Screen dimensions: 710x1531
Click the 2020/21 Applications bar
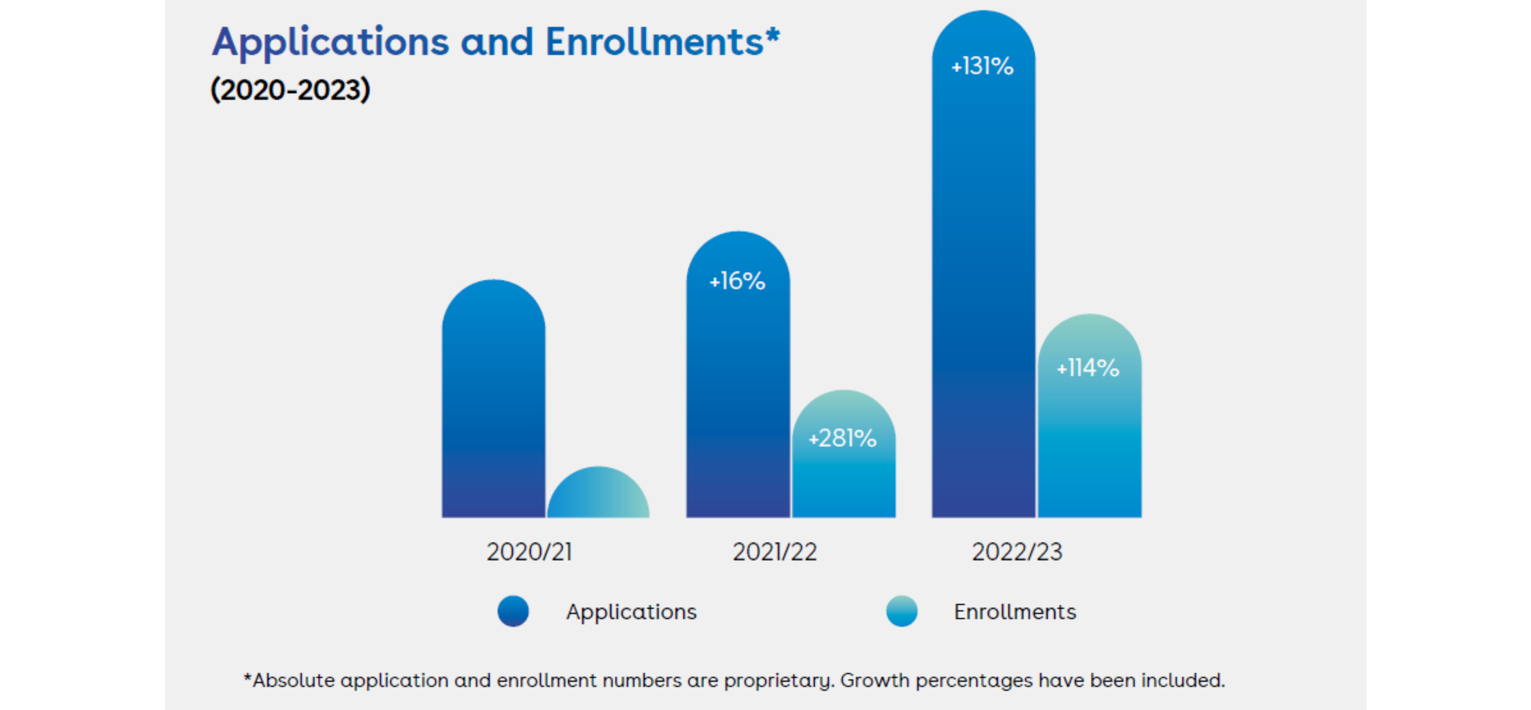coord(493,404)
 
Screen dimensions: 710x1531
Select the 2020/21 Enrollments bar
coord(598,496)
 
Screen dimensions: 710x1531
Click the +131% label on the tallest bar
coord(982,66)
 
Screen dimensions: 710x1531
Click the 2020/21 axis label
coord(529,552)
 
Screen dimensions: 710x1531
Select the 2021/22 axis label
coord(775,552)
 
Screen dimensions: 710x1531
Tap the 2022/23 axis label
coord(1017,552)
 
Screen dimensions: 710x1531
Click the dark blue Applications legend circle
coord(513,611)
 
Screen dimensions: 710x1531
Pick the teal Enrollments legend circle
coord(902,611)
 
